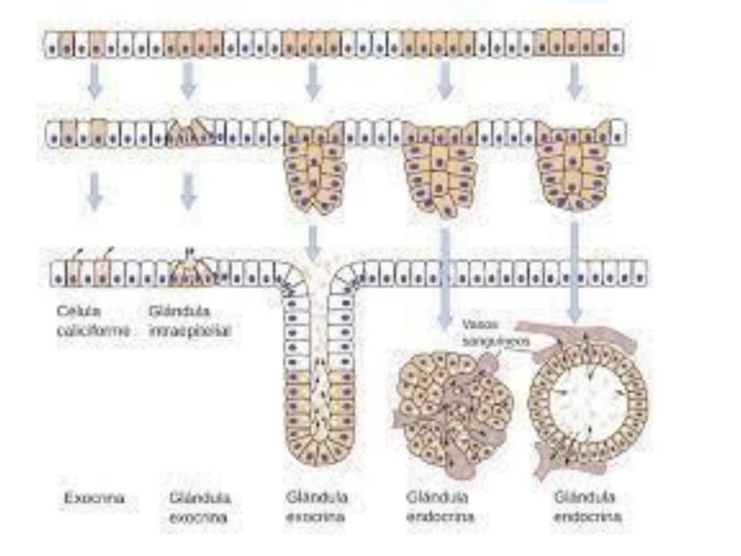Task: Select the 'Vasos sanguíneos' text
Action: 496,333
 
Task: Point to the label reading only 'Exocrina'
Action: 93,498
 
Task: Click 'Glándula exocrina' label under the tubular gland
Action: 317,507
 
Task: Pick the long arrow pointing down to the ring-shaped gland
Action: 575,269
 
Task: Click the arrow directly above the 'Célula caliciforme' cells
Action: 95,189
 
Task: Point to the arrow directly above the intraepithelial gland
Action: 188,189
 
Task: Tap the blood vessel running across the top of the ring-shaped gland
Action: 591,340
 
